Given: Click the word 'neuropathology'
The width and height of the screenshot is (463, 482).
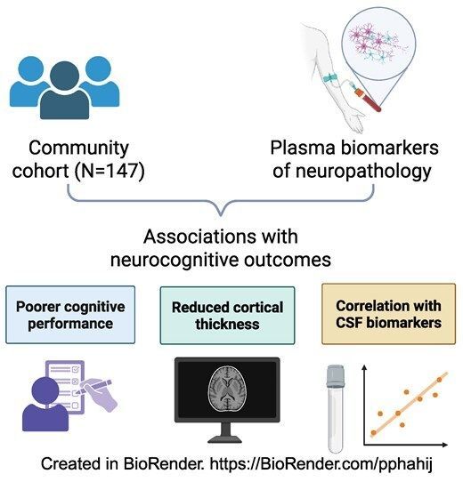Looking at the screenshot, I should coord(353,171).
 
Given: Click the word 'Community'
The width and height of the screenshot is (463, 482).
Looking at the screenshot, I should coord(78,147).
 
